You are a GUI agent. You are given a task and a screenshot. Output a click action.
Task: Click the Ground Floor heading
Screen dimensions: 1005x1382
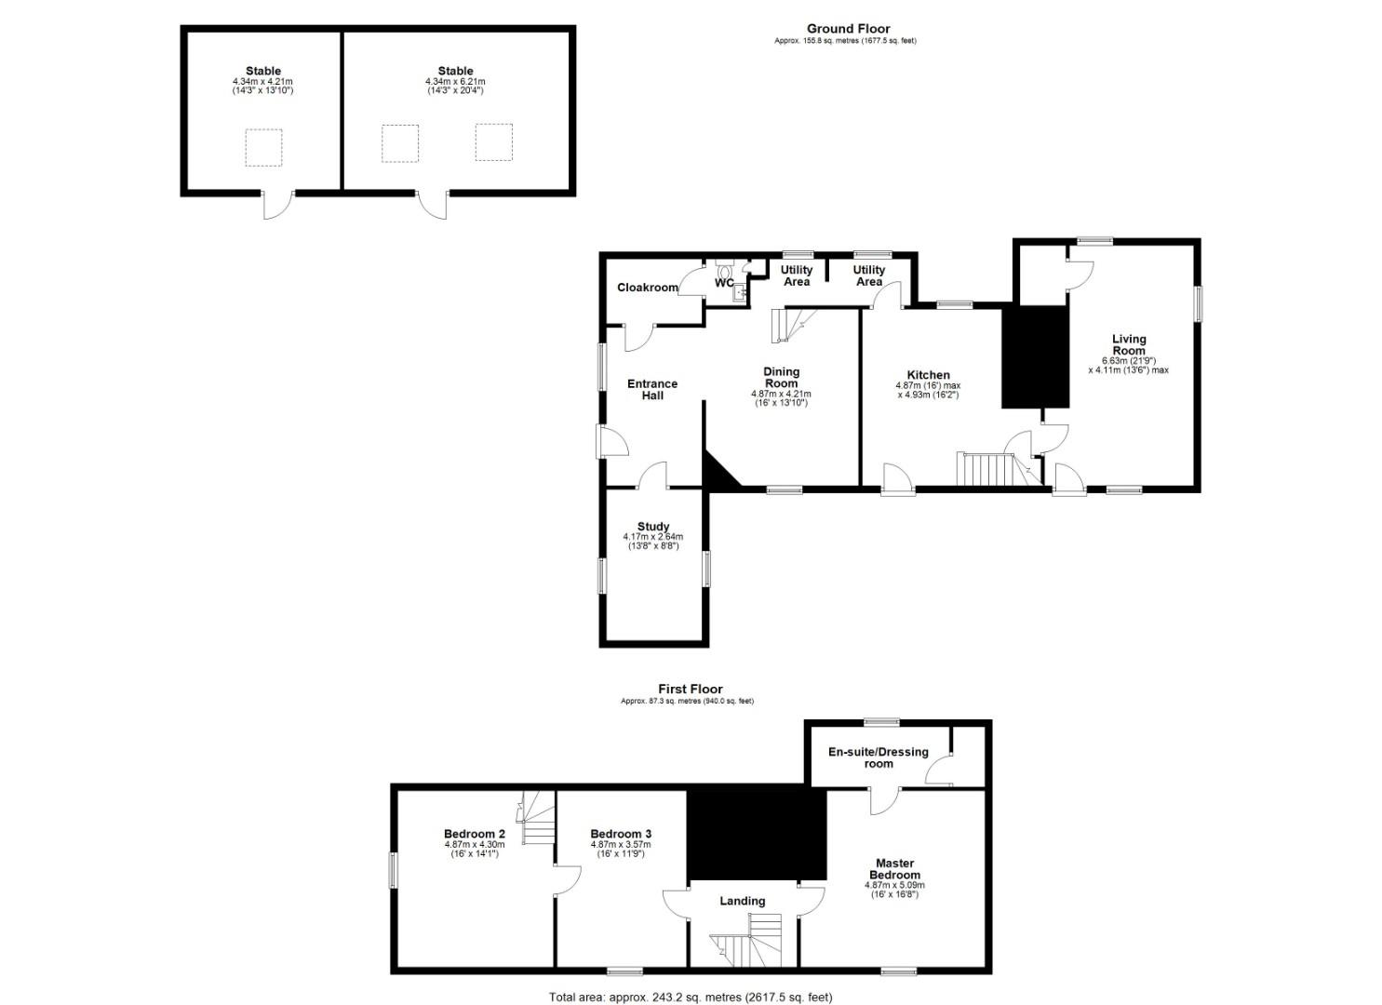click(848, 29)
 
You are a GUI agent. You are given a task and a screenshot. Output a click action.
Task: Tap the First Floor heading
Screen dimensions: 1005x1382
click(690, 690)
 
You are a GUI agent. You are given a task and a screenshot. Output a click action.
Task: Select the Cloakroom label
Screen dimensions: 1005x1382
click(647, 288)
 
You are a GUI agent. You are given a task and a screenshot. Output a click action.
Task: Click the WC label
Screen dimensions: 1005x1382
click(724, 283)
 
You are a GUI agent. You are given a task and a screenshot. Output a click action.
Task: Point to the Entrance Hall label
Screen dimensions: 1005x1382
click(651, 389)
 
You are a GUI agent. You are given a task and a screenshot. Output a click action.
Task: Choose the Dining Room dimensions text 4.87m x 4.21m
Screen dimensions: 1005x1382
click(781, 394)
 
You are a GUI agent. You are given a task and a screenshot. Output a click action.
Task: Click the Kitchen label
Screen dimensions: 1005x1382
click(928, 375)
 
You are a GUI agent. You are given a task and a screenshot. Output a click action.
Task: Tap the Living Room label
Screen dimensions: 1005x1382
click(1128, 344)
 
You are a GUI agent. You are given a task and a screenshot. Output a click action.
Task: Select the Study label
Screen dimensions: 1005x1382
click(653, 527)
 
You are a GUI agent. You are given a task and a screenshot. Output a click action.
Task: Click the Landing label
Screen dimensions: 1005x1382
click(742, 901)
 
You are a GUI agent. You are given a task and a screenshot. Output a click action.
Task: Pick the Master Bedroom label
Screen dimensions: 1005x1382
click(894, 868)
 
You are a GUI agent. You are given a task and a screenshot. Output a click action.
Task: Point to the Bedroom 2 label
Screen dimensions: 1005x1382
click(474, 834)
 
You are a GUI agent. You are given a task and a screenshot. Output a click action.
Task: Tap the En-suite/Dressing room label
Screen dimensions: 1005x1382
click(878, 757)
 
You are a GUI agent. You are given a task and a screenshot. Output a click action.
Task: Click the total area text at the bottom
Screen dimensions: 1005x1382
click(690, 998)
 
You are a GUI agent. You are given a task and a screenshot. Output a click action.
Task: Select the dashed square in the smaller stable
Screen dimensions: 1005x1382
click(263, 147)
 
